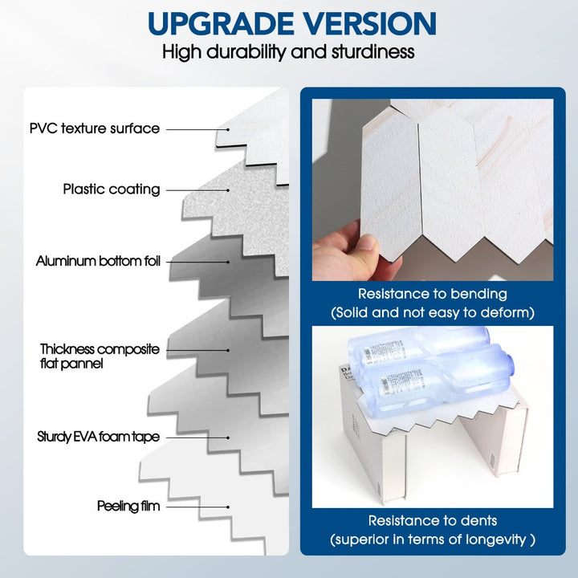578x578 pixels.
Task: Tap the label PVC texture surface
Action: click(x=95, y=128)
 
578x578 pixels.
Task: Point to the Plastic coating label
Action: click(x=112, y=189)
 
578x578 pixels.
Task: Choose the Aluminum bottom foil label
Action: click(x=99, y=262)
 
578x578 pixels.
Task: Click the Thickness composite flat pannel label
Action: click(x=100, y=356)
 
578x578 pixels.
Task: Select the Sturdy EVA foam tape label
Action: click(x=99, y=438)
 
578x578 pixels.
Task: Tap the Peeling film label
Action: click(x=128, y=506)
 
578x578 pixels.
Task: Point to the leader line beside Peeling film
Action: click(x=201, y=507)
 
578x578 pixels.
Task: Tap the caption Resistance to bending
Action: click(x=432, y=295)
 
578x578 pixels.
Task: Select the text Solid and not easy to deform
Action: click(x=433, y=311)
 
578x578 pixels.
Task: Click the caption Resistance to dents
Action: click(x=433, y=520)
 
